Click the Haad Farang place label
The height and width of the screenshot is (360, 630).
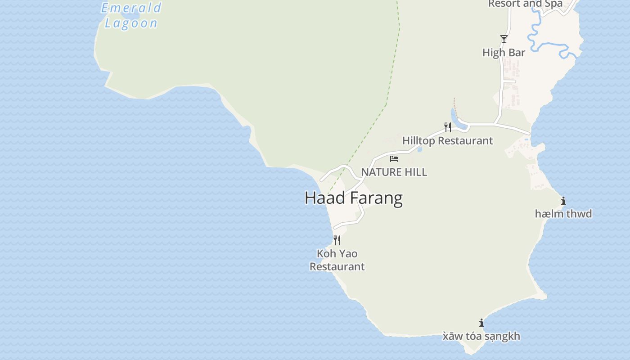[x=353, y=198]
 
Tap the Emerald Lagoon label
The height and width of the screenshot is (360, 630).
[x=131, y=15]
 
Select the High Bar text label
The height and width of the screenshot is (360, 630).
[x=504, y=53]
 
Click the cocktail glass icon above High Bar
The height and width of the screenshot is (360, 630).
[x=504, y=39]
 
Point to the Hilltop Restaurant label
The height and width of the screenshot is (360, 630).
[x=447, y=141]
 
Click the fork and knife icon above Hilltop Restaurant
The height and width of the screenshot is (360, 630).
[x=448, y=127]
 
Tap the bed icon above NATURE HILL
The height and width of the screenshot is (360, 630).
[x=394, y=159]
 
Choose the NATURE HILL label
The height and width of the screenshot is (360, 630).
[x=394, y=172]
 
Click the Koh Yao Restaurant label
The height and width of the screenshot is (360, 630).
[x=337, y=260]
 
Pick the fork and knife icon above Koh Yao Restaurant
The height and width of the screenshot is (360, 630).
[x=337, y=240]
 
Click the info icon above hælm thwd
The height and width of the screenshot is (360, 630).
[x=563, y=201]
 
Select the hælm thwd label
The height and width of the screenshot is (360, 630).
[x=563, y=214]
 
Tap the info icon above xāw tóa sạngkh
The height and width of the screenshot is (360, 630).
[x=481, y=323]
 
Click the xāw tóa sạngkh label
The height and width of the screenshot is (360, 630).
[x=481, y=336]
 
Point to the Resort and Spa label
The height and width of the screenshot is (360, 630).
[x=525, y=4]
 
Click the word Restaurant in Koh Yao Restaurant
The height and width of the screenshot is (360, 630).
[x=337, y=266]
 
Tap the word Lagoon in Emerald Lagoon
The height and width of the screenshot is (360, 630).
[x=131, y=23]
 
